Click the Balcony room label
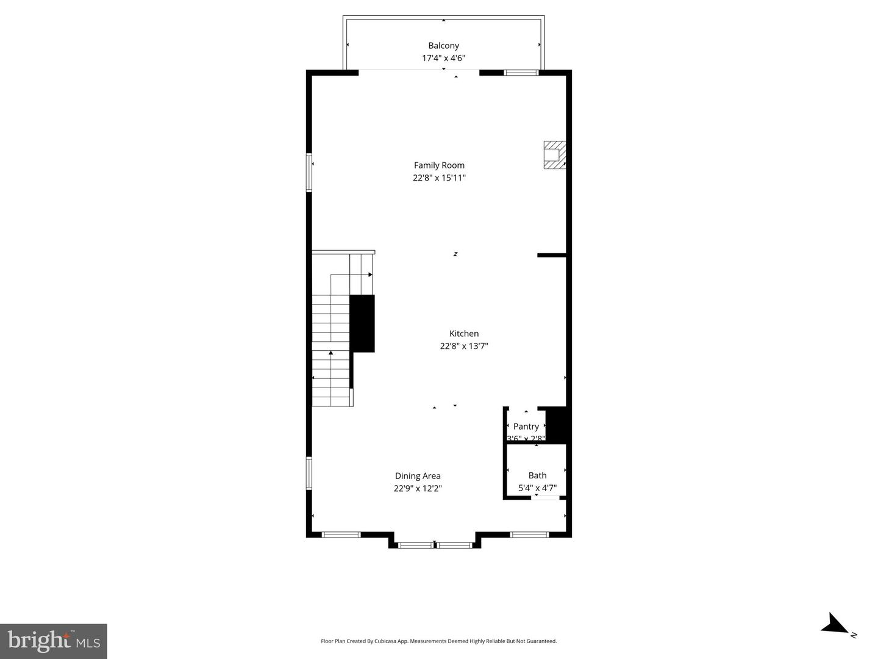pyautogui.click(x=443, y=46)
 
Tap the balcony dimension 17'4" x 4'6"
pyautogui.click(x=443, y=59)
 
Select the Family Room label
pyautogui.click(x=439, y=165)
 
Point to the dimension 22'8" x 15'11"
pyautogui.click(x=439, y=178)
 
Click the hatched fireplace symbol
pyautogui.click(x=554, y=155)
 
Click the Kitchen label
pyautogui.click(x=464, y=334)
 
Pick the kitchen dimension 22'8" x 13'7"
pyautogui.click(x=464, y=347)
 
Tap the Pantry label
pyautogui.click(x=526, y=427)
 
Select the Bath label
pyautogui.click(x=537, y=475)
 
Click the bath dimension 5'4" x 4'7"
pyautogui.click(x=537, y=488)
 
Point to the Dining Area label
pyautogui.click(x=418, y=476)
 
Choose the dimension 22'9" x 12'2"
pyautogui.click(x=418, y=489)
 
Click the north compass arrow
pyautogui.click(x=835, y=624)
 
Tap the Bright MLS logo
pyautogui.click(x=54, y=641)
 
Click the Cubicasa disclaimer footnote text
pyautogui.click(x=438, y=641)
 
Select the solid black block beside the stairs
pyautogui.click(x=362, y=323)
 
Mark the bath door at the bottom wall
pyautogui.click(x=546, y=498)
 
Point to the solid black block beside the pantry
pyautogui.click(x=557, y=423)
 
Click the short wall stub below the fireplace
pyautogui.click(x=552, y=255)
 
